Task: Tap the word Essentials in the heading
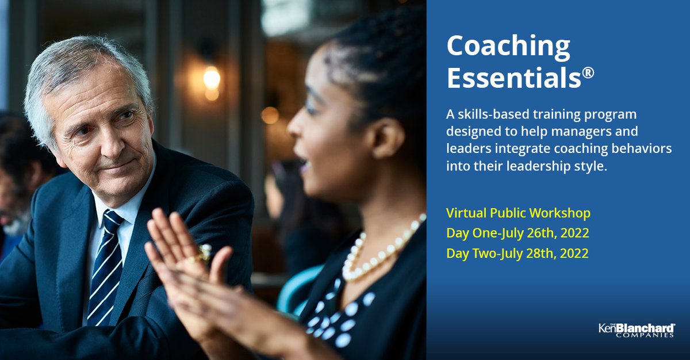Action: click(x=512, y=78)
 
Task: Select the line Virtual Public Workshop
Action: click(x=518, y=213)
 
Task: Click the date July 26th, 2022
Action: click(x=537, y=233)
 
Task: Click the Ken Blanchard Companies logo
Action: click(x=636, y=330)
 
